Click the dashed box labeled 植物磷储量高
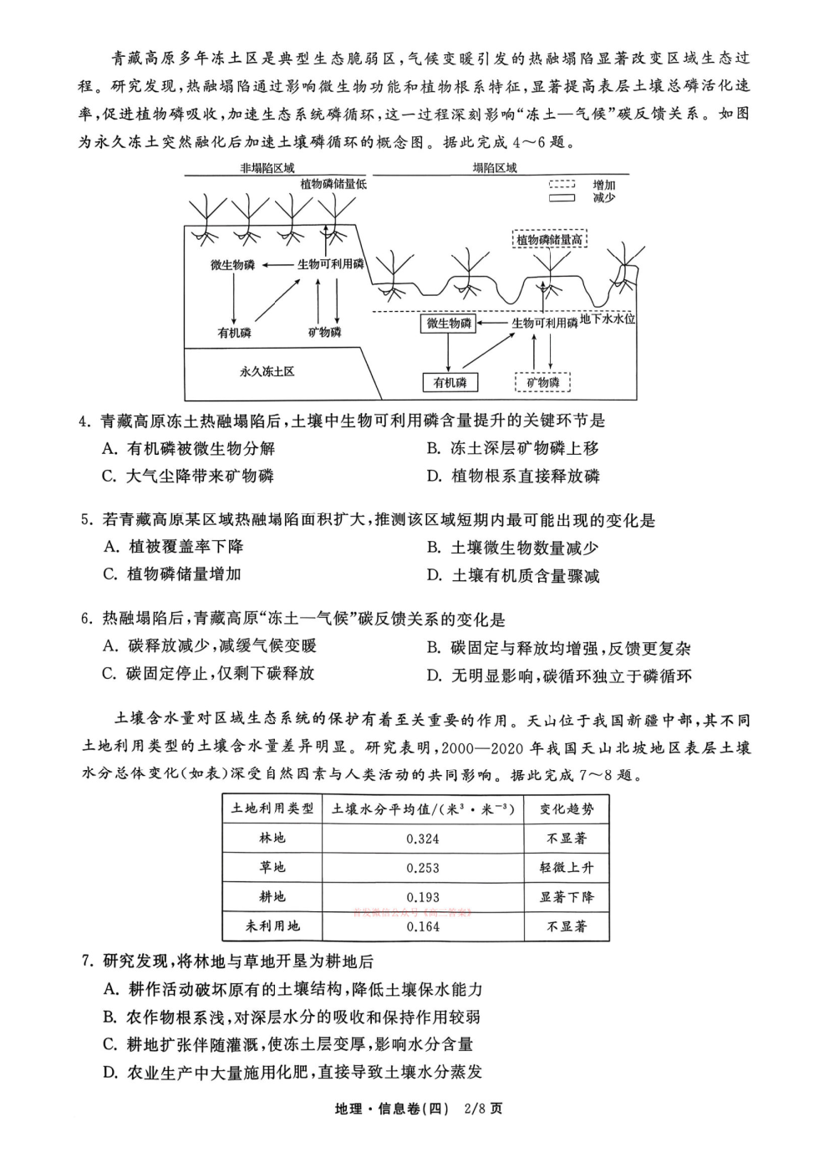click(x=549, y=240)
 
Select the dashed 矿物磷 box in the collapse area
click(x=542, y=383)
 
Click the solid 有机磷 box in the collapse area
click(x=450, y=383)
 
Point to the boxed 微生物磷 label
click(x=449, y=323)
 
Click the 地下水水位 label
click(x=608, y=319)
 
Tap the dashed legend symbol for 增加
click(x=562, y=185)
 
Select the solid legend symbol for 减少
click(x=562, y=198)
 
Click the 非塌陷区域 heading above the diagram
click(x=267, y=168)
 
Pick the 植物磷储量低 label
click(x=333, y=183)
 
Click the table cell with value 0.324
click(x=422, y=839)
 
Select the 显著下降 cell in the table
click(x=567, y=897)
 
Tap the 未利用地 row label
click(x=272, y=926)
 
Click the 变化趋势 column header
click(x=567, y=809)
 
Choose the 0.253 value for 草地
click(x=422, y=868)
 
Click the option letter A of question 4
click(x=109, y=449)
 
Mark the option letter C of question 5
click(x=109, y=574)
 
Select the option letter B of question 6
click(x=433, y=648)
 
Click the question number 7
click(x=86, y=961)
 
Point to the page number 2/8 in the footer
click(x=472, y=1109)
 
